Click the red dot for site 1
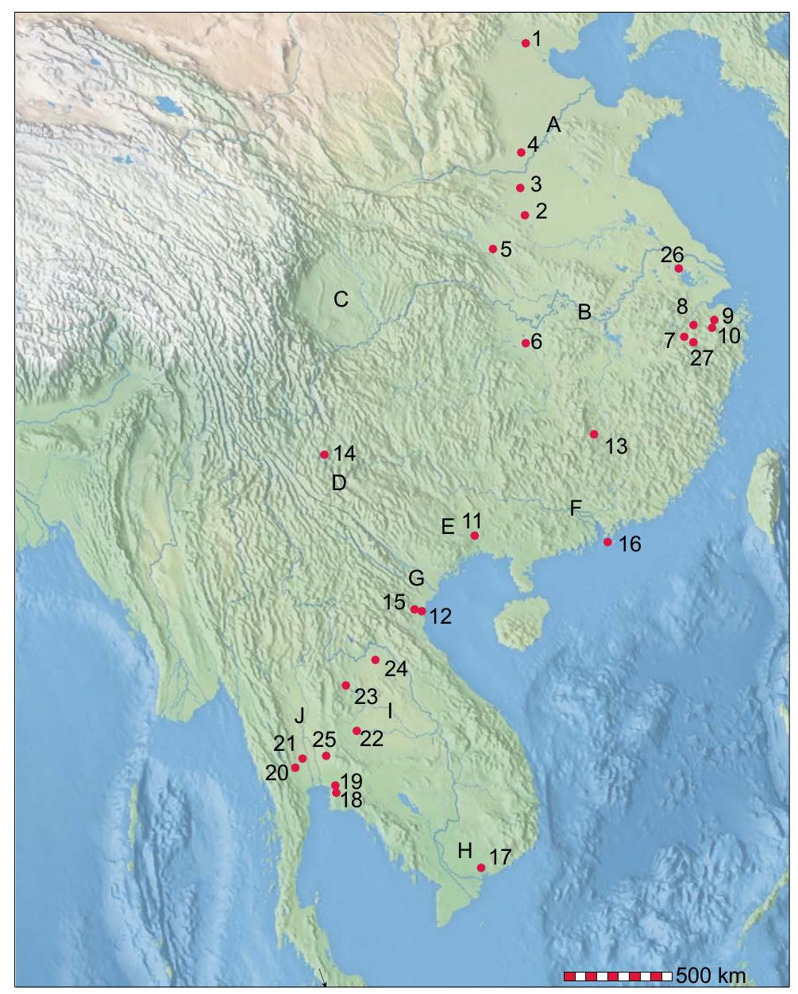pyautogui.click(x=526, y=44)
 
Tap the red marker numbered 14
pyautogui.click(x=324, y=454)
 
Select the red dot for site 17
pyautogui.click(x=481, y=868)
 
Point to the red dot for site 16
pyautogui.click(x=607, y=542)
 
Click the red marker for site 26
pyautogui.click(x=679, y=269)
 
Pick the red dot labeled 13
pyautogui.click(x=594, y=434)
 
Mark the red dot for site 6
pyautogui.click(x=526, y=343)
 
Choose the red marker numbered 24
pyautogui.click(x=376, y=659)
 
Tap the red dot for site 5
pyautogui.click(x=492, y=249)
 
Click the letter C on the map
pyautogui.click(x=341, y=300)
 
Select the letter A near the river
pyautogui.click(x=553, y=125)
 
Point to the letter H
pyautogui.click(x=465, y=851)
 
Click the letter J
pyautogui.click(x=299, y=716)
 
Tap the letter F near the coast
pyautogui.click(x=576, y=509)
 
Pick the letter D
pyautogui.click(x=339, y=482)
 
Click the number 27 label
pyautogui.click(x=702, y=358)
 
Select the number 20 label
pyautogui.click(x=277, y=772)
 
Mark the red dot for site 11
pyautogui.click(x=475, y=536)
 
